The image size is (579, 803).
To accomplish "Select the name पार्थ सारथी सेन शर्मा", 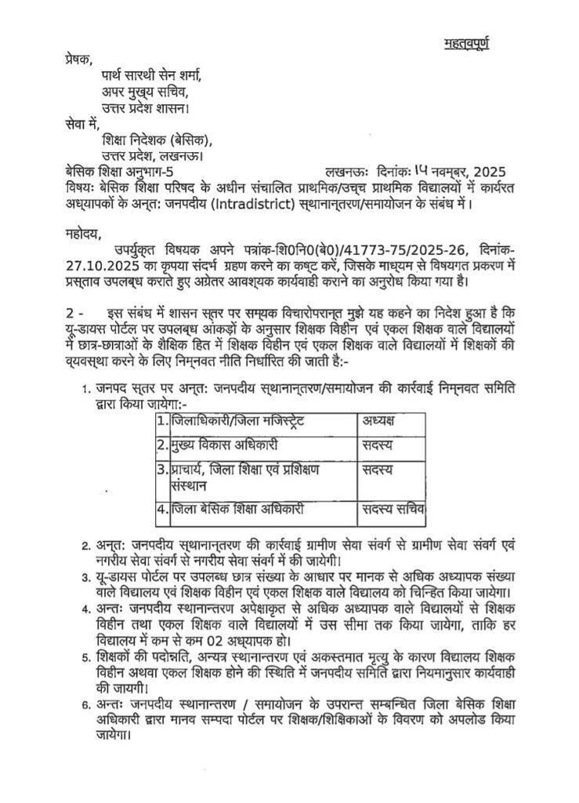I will pos(151,77).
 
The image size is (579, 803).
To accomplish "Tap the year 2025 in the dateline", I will pos(490,171).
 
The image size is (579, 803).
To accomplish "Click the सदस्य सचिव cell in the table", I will pos(392,509).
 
